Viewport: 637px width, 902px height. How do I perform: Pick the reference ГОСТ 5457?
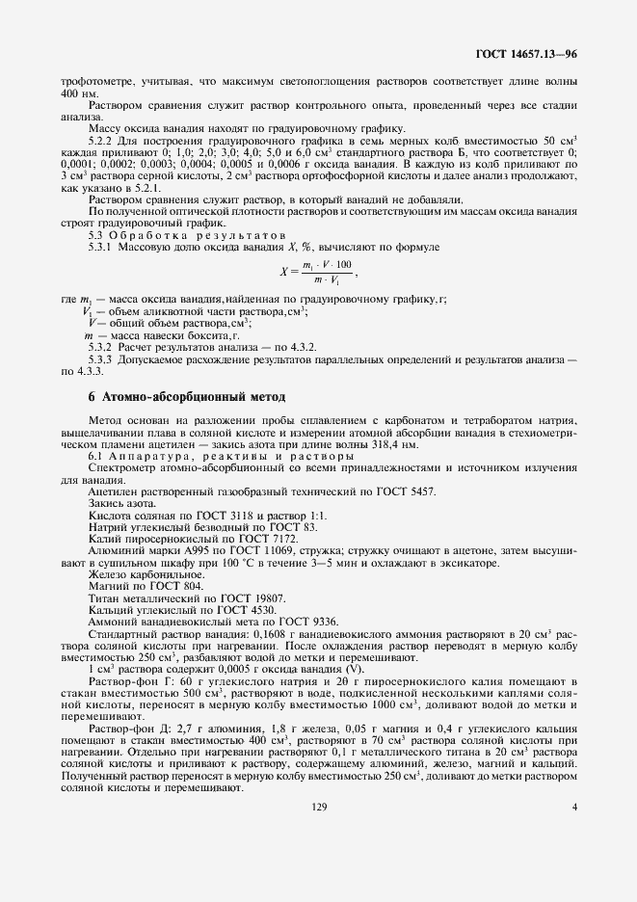coord(410,491)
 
